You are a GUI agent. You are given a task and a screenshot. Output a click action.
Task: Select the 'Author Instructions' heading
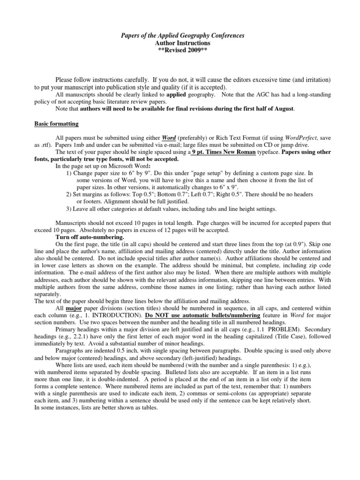(180, 43)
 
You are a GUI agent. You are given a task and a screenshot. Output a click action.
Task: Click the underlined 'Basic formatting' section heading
(57, 124)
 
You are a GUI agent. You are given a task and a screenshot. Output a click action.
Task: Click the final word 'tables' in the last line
(148, 408)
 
